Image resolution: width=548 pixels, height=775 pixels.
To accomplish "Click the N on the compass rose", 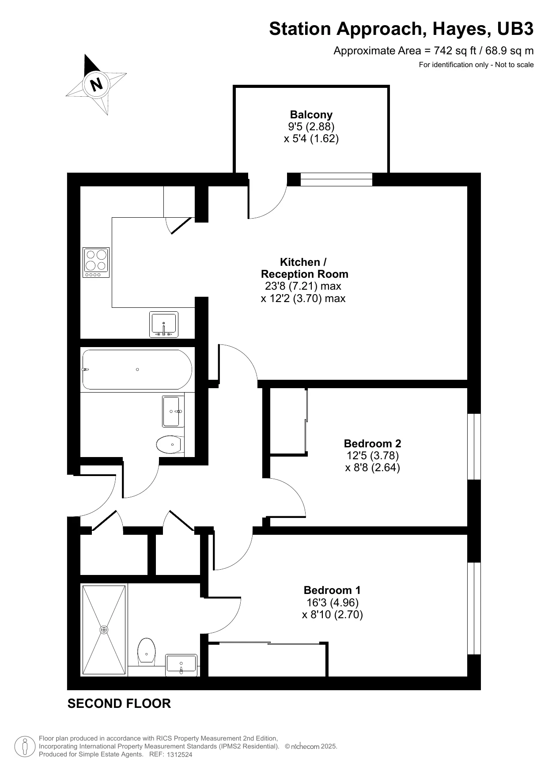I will tap(97, 83).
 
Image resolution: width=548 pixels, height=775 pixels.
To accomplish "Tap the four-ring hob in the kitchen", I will tap(96, 262).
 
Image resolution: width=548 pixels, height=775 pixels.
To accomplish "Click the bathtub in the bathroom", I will tap(137, 370).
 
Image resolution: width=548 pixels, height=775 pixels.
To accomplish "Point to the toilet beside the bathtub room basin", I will tap(170, 444).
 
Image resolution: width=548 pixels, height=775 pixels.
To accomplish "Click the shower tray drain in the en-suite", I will tap(104, 630).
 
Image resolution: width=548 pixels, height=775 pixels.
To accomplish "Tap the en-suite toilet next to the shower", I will tap(146, 651).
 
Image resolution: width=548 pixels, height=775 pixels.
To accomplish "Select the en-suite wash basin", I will tap(181, 665).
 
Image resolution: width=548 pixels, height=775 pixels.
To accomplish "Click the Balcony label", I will tap(311, 114).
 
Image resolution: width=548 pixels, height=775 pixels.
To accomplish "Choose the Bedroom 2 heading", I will tap(372, 443).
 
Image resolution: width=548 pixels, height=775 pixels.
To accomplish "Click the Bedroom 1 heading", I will tap(332, 590).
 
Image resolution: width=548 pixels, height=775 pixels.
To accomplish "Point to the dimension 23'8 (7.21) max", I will tap(303, 286).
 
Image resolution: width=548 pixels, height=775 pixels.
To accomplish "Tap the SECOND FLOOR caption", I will tap(119, 703).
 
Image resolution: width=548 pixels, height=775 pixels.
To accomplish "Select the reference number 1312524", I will tap(179, 755).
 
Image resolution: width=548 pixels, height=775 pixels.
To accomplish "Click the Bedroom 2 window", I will tap(474, 446).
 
